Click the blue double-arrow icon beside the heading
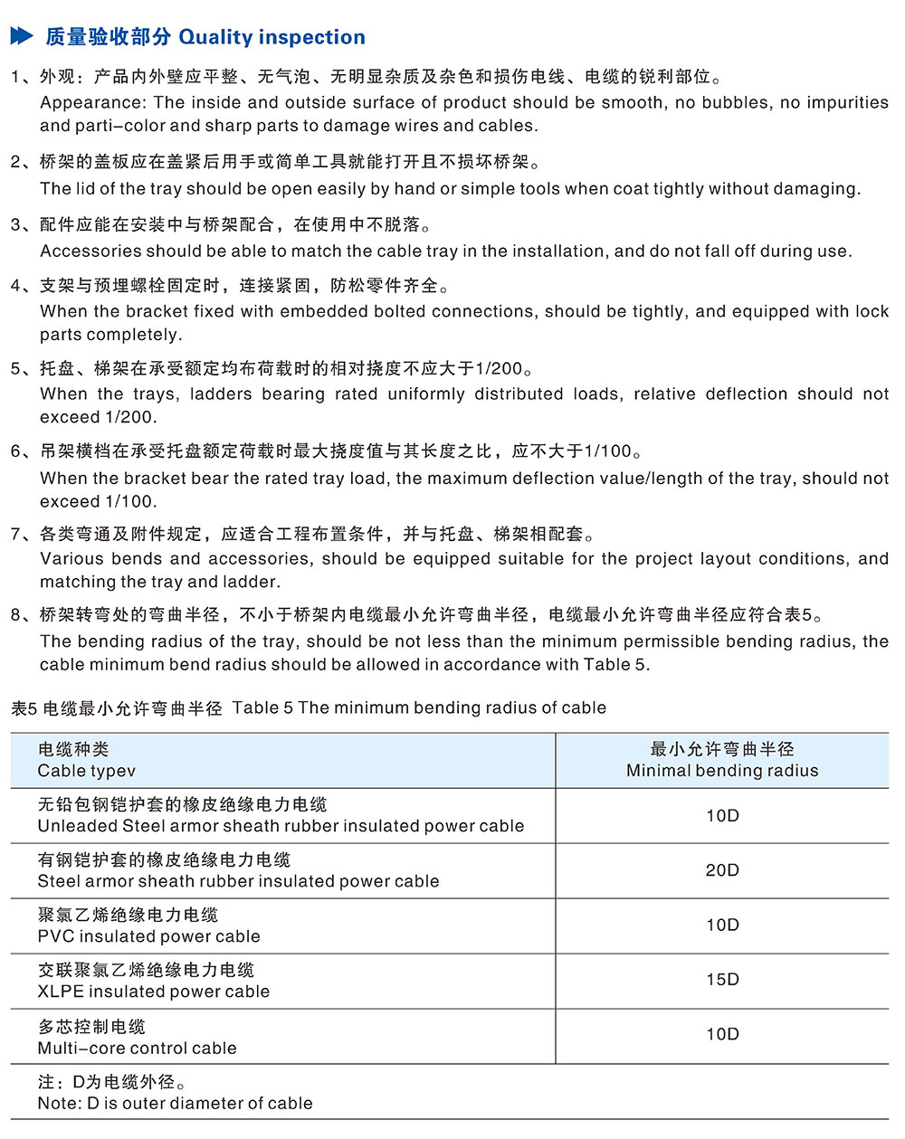point(22,36)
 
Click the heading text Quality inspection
point(272,37)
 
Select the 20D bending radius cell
point(722,870)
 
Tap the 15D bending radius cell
point(722,980)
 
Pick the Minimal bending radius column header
point(722,771)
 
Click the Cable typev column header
point(86,771)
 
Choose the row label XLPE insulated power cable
point(153,992)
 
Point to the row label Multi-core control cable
point(137,1048)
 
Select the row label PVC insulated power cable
point(148,936)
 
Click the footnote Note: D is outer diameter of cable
point(175,1103)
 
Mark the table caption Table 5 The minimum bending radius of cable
point(419,707)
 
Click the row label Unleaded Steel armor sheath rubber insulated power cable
point(281,826)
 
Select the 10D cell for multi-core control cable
point(722,1034)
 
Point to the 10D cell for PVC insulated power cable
point(722,925)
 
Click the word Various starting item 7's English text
point(71,559)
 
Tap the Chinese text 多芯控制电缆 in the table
point(91,1027)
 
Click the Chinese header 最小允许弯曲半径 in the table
point(722,749)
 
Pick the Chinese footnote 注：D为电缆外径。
point(113,1082)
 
